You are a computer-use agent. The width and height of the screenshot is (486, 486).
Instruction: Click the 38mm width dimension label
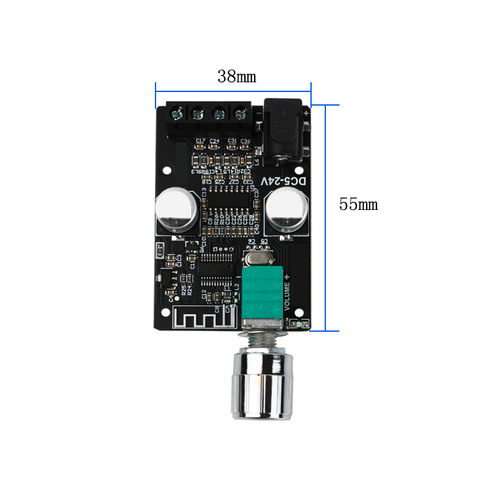[237, 76]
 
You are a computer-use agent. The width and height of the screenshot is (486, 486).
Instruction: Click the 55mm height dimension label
[358, 204]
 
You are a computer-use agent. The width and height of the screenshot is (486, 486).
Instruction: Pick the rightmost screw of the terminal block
[241, 115]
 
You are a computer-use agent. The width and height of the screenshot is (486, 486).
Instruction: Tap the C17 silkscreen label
[200, 141]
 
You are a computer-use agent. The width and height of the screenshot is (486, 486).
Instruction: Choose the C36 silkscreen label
[245, 141]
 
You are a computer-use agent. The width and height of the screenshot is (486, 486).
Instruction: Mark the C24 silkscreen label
[214, 141]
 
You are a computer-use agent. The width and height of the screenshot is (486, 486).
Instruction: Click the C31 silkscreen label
[231, 141]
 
